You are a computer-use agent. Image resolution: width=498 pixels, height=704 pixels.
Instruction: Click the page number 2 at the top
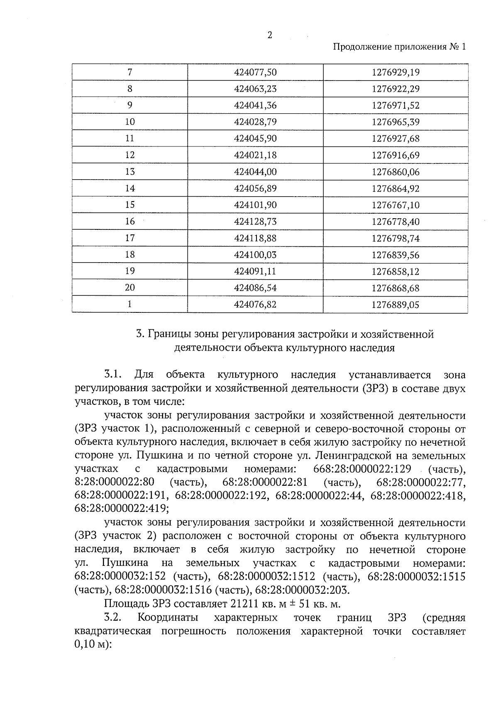pos(270,35)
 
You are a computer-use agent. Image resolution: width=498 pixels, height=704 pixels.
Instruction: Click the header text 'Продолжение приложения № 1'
pos(399,47)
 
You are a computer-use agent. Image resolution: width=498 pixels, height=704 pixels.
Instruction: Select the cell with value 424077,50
pos(255,72)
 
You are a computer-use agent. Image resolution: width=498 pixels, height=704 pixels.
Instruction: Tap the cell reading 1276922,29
pos(395,89)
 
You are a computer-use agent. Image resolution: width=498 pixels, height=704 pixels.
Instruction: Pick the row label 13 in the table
pos(130,172)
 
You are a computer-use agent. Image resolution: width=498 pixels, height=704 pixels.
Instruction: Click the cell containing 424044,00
pos(255,172)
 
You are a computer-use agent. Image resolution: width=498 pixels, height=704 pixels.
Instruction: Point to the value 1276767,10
pos(395,205)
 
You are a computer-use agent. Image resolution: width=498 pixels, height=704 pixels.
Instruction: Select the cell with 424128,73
pos(255,222)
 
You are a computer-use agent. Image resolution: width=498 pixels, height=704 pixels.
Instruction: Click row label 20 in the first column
pos(130,288)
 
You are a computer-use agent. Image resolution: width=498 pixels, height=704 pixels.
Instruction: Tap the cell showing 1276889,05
pos(395,305)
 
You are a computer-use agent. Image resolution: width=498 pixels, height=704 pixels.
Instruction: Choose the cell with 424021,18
pos(255,155)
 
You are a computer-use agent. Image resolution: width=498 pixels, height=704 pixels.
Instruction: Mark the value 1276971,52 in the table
pos(395,105)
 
